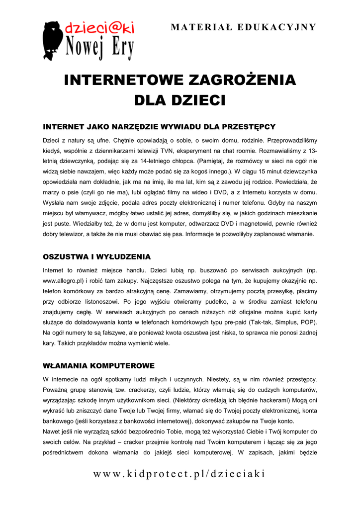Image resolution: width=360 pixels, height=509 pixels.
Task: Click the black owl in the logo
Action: tap(54, 40)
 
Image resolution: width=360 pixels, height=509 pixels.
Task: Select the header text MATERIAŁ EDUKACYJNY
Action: tap(243, 27)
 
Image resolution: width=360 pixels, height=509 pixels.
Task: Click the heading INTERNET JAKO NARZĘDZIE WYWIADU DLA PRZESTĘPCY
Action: tap(159, 127)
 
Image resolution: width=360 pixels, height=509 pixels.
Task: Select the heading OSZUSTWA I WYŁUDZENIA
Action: tap(96, 257)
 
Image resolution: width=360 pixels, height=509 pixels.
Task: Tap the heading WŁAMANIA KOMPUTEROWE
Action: tap(99, 366)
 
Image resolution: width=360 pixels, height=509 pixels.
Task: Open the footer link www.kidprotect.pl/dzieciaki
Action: tap(180, 473)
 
